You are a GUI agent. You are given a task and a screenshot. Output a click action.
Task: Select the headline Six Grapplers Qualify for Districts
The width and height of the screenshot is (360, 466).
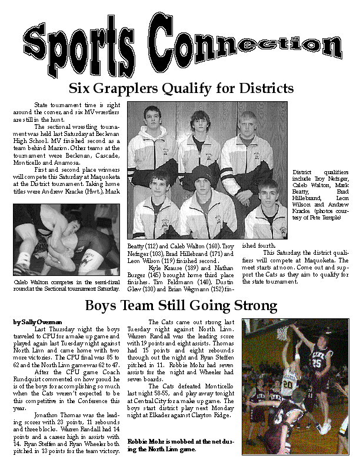(x=181, y=89)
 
